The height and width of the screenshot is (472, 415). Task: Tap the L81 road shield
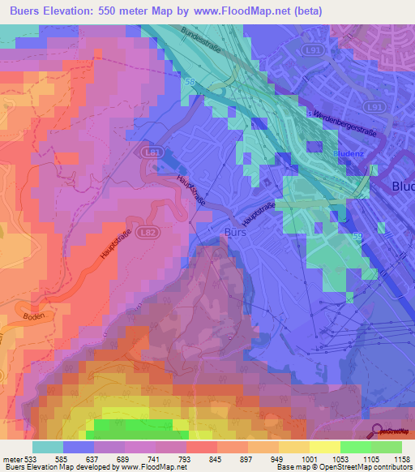(151, 152)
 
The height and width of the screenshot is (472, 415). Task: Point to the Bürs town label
(233, 233)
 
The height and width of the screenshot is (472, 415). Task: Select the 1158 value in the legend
(401, 458)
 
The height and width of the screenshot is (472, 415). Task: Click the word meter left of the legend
(13, 458)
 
